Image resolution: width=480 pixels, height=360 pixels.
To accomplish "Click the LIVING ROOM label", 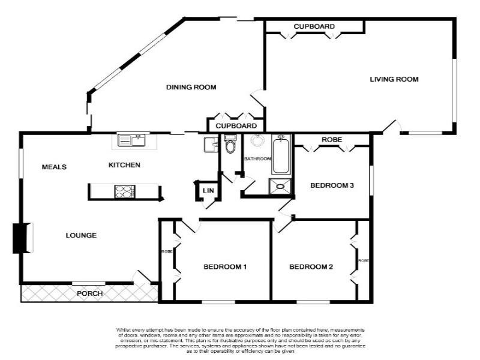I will (394, 79).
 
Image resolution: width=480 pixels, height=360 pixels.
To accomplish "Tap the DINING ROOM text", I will (191, 88).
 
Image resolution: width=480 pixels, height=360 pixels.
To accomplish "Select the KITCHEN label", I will (124, 165).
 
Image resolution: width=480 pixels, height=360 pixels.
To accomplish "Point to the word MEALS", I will (54, 167).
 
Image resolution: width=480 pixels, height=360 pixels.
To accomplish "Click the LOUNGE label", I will (81, 235).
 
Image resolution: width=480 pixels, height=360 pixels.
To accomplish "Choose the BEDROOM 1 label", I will (225, 267).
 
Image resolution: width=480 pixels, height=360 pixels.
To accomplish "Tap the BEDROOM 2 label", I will (311, 267).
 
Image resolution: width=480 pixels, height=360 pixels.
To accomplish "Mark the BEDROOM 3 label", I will (332, 185).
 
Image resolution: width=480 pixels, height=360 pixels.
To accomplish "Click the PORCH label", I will (89, 293).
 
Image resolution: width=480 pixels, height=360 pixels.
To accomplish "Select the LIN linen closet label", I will (208, 191).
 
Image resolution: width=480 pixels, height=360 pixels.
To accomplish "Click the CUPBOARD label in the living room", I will (314, 26).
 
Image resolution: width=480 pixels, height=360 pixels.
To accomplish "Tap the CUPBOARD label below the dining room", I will (236, 126).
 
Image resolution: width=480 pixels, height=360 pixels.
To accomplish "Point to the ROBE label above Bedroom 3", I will (332, 140).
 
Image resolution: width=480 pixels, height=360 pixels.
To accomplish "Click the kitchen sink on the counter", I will (131, 140).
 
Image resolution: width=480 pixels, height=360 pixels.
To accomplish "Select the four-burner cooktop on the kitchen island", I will (125, 191).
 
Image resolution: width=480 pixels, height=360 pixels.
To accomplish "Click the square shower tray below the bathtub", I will (281, 187).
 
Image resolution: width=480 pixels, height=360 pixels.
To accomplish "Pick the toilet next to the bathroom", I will (230, 145).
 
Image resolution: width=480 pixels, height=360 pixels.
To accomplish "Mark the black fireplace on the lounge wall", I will (20, 238).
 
